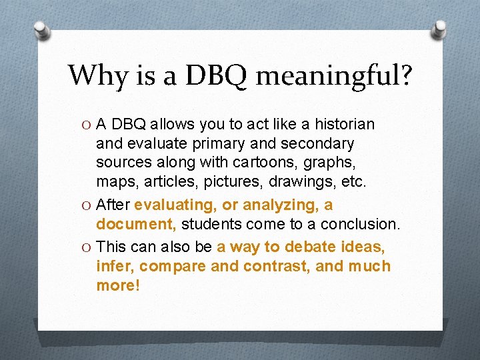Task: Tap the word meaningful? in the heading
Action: coord(334,76)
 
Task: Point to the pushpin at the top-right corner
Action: coord(439,28)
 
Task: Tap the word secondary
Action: coord(320,143)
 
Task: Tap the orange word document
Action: coord(136,223)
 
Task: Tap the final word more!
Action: coord(118,285)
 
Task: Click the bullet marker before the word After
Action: coord(87,205)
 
